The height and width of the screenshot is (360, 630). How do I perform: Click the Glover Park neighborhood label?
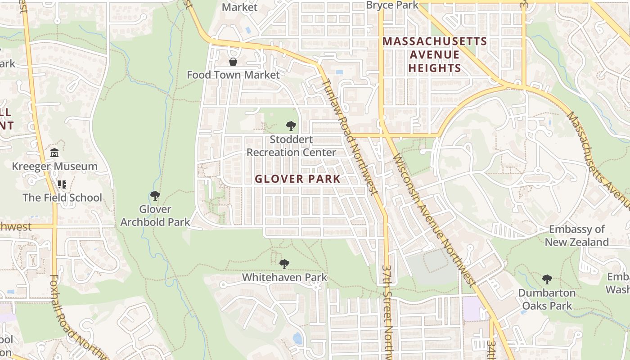point(297,179)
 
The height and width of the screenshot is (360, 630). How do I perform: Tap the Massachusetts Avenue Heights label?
point(435,55)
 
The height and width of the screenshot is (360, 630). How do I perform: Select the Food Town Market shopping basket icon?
point(233,62)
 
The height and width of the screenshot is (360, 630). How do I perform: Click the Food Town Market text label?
point(233,75)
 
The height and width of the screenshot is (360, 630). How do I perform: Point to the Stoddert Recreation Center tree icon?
point(291,126)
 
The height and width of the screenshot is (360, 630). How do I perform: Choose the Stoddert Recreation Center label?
point(291,146)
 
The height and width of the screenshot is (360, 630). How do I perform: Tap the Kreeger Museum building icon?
point(54,153)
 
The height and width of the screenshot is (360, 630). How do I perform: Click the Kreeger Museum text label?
point(54,166)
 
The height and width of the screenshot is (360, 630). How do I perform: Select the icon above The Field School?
point(62,184)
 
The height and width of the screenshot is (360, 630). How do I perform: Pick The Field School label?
point(62,198)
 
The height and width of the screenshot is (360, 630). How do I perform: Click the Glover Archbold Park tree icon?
point(155,196)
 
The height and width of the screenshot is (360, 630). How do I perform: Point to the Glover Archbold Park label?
point(155,216)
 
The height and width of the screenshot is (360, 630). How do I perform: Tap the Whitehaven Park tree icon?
point(284,264)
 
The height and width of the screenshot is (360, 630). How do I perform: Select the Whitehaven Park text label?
point(284,277)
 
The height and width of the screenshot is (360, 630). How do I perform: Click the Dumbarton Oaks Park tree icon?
point(547,279)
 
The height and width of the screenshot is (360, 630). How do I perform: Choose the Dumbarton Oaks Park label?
point(547,299)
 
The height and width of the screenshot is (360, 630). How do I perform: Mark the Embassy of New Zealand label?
point(577,236)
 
